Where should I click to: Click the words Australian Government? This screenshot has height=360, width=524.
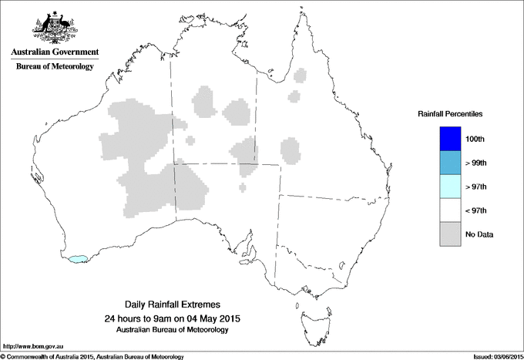pyautogui.click(x=54, y=52)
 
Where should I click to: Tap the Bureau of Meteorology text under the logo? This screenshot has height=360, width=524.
pyautogui.click(x=54, y=67)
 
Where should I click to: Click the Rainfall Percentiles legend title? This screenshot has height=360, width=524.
pyautogui.click(x=450, y=114)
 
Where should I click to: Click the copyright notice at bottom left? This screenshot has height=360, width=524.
pyautogui.click(x=92, y=356)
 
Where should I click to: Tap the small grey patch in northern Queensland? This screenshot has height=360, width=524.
pyautogui.click(x=293, y=96)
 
